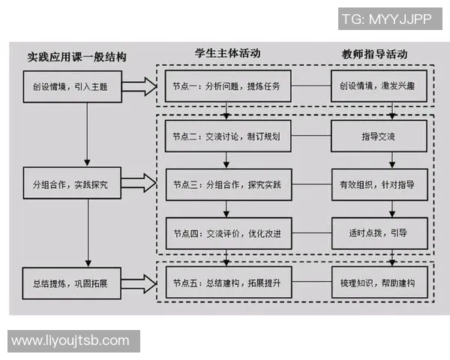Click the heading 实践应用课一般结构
tap(76, 57)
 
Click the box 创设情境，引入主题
tap(70, 86)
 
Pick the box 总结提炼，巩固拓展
tap(70, 283)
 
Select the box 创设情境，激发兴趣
tap(379, 86)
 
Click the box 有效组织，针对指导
tap(379, 184)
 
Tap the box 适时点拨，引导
tap(379, 233)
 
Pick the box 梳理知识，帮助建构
tap(379, 283)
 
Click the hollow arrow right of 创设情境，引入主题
tap(136, 86)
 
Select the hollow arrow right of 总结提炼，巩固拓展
tap(136, 283)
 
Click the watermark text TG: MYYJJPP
tap(386, 19)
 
